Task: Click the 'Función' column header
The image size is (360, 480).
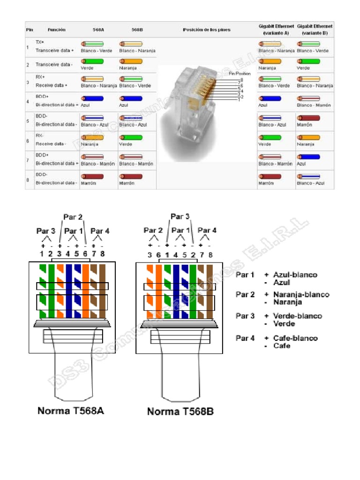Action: click(57, 30)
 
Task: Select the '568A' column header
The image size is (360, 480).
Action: click(99, 30)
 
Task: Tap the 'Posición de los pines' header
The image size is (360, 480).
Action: click(206, 30)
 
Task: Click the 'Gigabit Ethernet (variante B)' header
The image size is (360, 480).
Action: click(315, 30)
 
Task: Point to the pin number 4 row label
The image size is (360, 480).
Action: click(28, 101)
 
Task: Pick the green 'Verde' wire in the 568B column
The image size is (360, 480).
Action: click(129, 137)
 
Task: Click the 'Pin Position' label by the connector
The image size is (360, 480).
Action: click(240, 74)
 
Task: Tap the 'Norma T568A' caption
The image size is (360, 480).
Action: click(71, 411)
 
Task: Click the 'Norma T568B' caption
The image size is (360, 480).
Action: click(180, 412)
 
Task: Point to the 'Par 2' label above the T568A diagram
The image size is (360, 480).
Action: click(73, 217)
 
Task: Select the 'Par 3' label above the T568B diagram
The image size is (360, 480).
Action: click(180, 217)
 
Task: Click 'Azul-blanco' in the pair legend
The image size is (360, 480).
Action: click(295, 275)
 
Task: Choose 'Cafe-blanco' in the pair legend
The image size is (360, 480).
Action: click(295, 338)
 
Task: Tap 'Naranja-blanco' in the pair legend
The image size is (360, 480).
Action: click(301, 294)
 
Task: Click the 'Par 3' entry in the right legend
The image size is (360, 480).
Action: click(245, 316)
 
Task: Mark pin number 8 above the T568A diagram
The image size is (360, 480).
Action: click(102, 254)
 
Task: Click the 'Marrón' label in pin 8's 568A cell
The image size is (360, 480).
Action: click(88, 183)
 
